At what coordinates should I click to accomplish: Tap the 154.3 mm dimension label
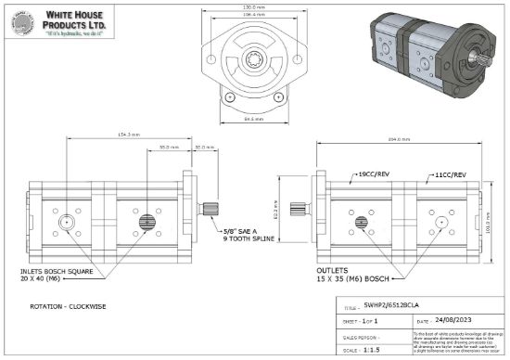(x=129, y=135)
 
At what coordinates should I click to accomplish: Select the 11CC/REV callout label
(x=452, y=174)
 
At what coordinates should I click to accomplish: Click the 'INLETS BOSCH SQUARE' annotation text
(x=55, y=272)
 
